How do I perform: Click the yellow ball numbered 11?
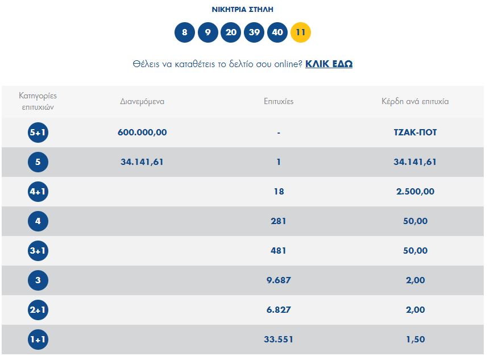301,32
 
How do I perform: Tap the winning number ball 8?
185,32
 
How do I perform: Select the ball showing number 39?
254,32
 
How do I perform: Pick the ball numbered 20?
231,32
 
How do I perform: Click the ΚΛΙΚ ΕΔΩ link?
329,64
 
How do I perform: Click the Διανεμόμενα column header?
142,101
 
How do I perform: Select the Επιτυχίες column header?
279,101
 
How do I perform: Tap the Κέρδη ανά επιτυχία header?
415,101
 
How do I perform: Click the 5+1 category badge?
38,133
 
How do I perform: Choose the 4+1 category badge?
38,192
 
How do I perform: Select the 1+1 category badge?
38,340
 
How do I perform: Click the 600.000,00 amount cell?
142,133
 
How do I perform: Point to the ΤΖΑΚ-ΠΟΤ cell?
415,133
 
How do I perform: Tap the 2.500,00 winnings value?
415,192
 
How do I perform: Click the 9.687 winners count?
279,280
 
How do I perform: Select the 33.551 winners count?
279,340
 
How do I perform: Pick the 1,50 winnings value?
415,340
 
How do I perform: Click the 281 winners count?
279,221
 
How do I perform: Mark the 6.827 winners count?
279,310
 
